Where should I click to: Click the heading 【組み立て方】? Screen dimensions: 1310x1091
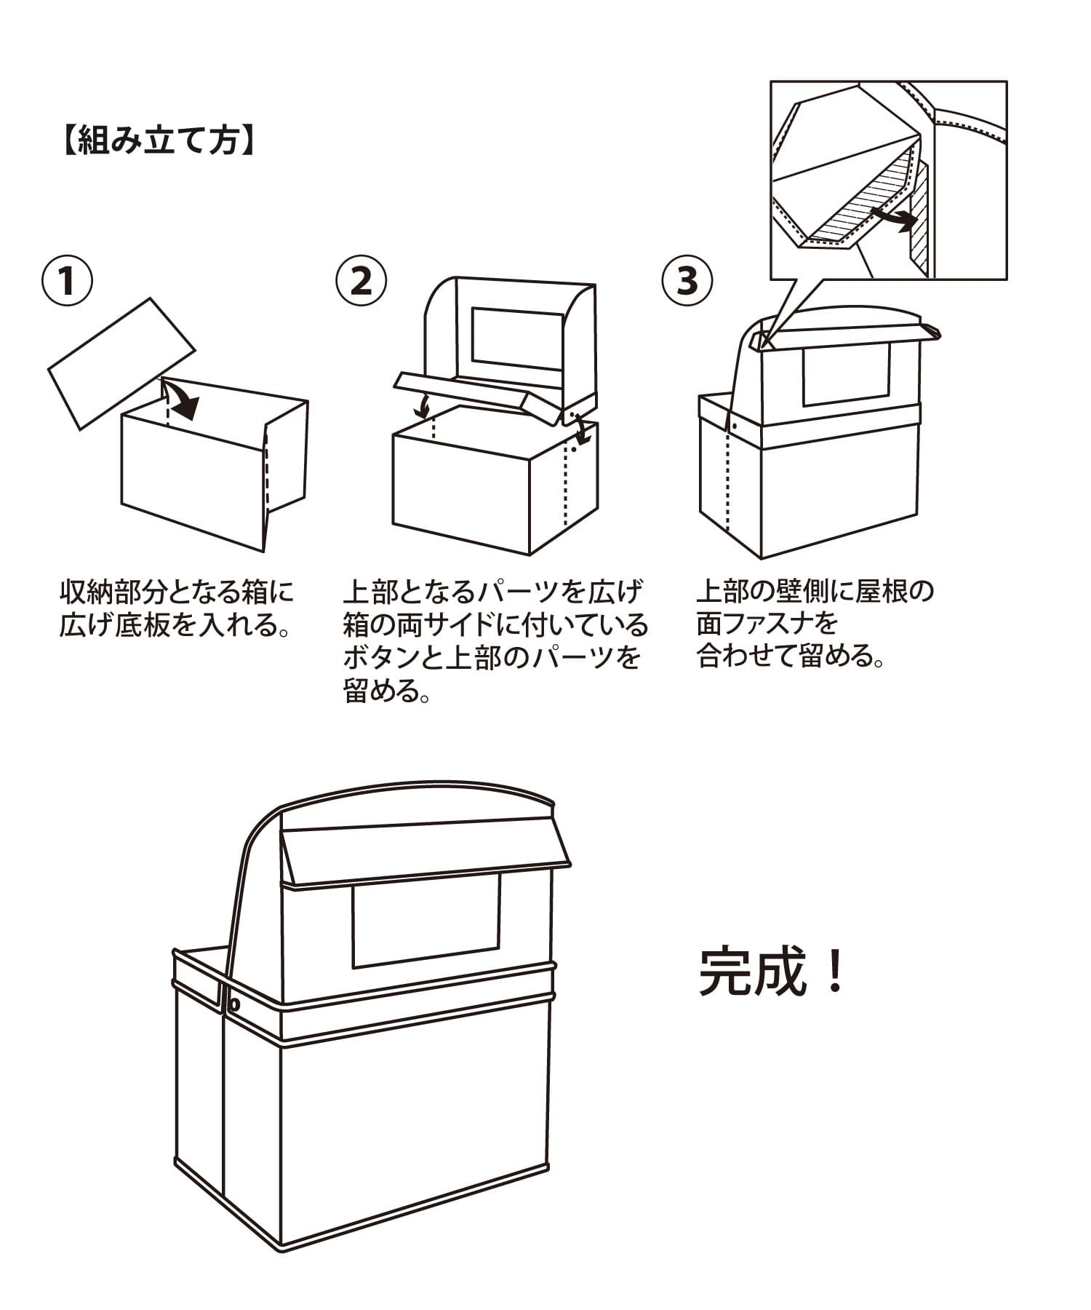click(157, 139)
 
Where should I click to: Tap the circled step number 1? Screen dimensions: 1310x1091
click(67, 281)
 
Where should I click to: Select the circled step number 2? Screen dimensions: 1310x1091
click(361, 281)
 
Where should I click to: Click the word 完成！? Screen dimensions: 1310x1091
click(772, 972)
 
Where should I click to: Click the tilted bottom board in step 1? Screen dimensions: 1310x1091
click(121, 362)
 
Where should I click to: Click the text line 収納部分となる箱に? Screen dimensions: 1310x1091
click(177, 592)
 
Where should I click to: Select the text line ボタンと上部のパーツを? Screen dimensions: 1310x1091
click(492, 657)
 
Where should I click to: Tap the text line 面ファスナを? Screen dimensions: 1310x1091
click(767, 624)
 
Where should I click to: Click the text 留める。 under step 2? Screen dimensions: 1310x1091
click(385, 690)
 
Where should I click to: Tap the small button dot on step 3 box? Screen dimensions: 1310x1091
click(735, 424)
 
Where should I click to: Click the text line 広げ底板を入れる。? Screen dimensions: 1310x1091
click(175, 624)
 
